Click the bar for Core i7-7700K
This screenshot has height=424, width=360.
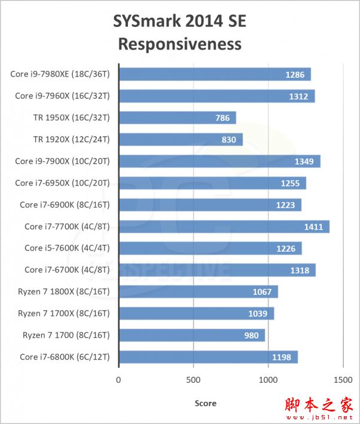224,227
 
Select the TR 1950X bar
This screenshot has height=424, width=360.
177,118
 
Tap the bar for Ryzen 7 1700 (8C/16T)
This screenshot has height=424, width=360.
191,335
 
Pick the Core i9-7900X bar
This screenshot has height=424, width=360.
219,161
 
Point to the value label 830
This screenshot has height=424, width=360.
230,140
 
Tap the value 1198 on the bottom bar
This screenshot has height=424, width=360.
281,358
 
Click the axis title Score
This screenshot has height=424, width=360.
205,403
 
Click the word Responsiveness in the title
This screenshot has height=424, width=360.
179,44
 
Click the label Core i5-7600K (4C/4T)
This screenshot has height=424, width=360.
66,248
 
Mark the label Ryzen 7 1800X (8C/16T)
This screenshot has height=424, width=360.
64,292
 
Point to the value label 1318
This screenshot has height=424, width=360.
300,270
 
